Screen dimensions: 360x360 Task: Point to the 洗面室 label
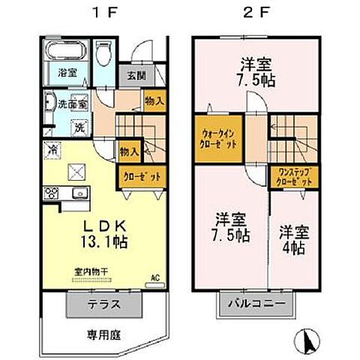point(73,104)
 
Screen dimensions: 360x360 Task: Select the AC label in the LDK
point(156,275)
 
